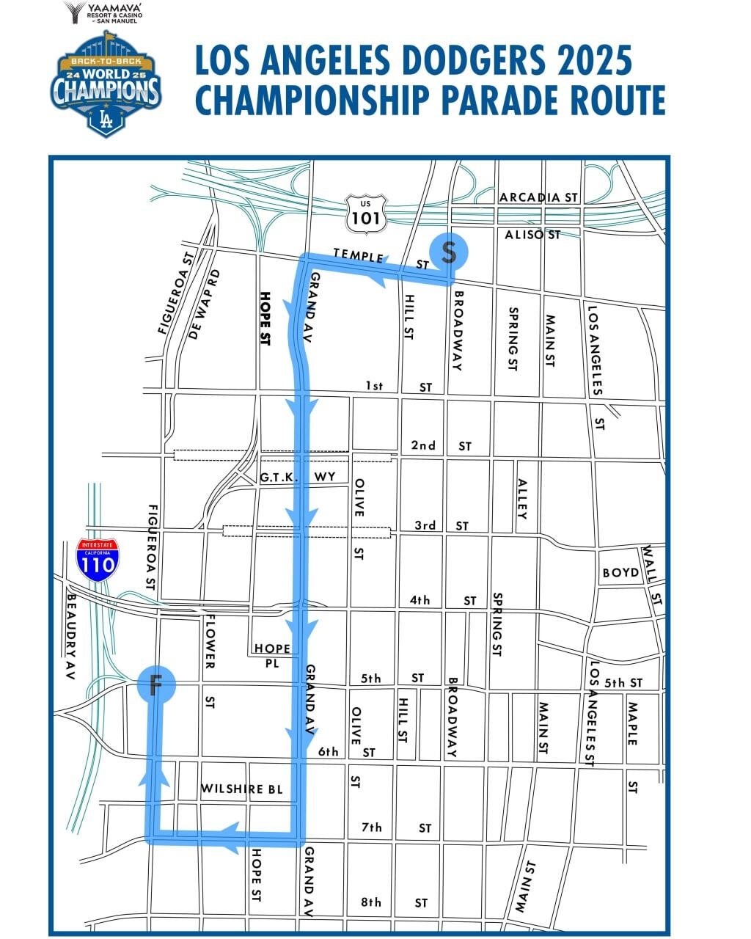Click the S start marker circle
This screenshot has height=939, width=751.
(x=449, y=252)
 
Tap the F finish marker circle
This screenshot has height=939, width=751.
(x=155, y=685)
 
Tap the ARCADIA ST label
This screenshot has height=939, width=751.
(x=539, y=197)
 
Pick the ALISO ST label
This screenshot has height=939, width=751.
(x=532, y=235)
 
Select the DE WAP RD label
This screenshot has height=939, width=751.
(x=204, y=303)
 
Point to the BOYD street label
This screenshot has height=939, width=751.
(x=620, y=572)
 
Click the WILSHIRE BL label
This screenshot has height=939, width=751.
(x=242, y=789)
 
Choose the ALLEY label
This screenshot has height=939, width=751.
(x=522, y=499)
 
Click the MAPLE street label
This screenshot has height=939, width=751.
(x=632, y=723)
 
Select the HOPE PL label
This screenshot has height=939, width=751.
(x=272, y=655)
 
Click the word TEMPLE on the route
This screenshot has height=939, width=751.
(x=358, y=255)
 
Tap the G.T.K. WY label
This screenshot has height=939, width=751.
(x=297, y=478)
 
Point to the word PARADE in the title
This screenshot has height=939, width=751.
(x=477, y=101)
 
